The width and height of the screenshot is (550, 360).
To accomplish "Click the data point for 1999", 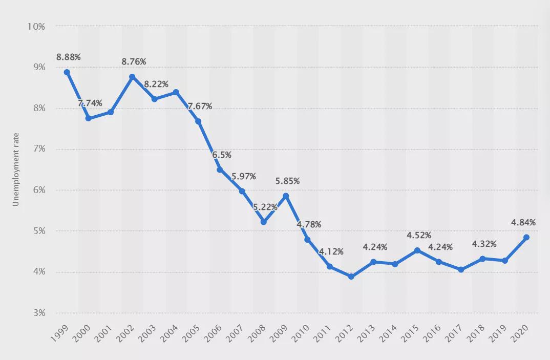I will pyautogui.click(x=67, y=72).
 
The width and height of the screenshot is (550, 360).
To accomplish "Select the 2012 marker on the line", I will pyautogui.click(x=351, y=277).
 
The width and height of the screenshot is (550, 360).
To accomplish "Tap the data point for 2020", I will pyautogui.click(x=526, y=238).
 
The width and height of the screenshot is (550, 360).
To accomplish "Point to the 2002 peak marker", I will pyautogui.click(x=133, y=77).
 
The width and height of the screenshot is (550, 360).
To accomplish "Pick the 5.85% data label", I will pyautogui.click(x=287, y=181).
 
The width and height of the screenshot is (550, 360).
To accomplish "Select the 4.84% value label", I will pyautogui.click(x=523, y=222).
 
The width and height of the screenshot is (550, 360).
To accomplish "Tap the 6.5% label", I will pyautogui.click(x=222, y=154).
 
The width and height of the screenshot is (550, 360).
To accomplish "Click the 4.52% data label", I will pyautogui.click(x=419, y=236).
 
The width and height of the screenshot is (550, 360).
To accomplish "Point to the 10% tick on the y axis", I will pyautogui.click(x=36, y=26).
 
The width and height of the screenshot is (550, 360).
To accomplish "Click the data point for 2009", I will pyautogui.click(x=286, y=196).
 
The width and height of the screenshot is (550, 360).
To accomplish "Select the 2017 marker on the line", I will pyautogui.click(x=461, y=270).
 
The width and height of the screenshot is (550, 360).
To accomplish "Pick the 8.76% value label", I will pyautogui.click(x=134, y=62).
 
